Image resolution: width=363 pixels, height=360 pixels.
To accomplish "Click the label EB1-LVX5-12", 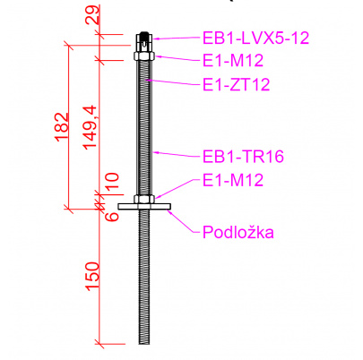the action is [x=255, y=38].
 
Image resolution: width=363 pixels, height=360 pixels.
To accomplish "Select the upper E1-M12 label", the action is [x=233, y=61].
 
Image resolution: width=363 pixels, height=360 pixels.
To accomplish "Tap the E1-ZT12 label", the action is [x=237, y=84].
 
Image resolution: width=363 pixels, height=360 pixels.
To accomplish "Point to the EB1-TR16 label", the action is [x=243, y=156].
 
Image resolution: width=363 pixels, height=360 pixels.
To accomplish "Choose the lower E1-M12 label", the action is [x=233, y=180].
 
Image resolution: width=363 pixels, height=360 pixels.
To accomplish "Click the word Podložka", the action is [x=238, y=232].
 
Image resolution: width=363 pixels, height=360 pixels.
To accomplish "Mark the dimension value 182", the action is [x=62, y=126].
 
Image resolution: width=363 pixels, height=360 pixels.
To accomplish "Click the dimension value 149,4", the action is [x=90, y=127].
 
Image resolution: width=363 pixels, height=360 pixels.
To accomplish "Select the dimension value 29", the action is [x=92, y=15].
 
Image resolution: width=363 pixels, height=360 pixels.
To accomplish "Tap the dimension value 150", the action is [x=92, y=276].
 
